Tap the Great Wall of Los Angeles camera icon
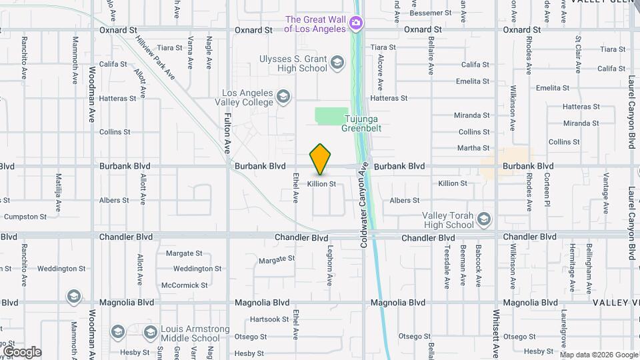point(356,24)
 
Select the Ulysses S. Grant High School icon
point(337,63)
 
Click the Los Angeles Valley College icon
point(283,97)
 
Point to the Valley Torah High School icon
point(484,219)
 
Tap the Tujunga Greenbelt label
point(361,123)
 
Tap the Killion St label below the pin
point(321,183)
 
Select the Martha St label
point(473,148)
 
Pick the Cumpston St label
point(25,217)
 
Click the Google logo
point(22,352)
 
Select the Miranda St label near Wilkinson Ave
point(473,115)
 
